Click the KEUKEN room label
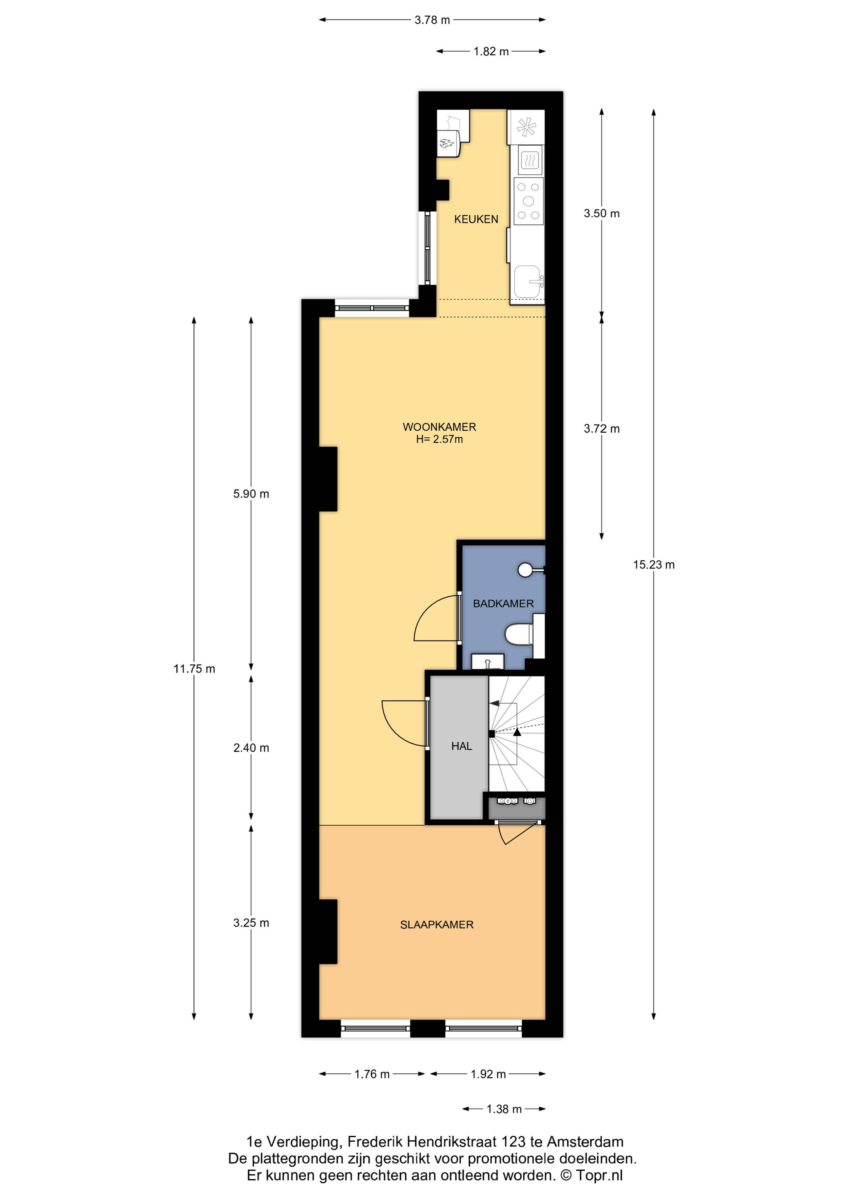coord(476,219)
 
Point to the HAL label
coord(461,746)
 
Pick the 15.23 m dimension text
coord(654,565)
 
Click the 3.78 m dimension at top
coord(432,20)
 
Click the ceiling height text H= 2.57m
coord(439,439)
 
